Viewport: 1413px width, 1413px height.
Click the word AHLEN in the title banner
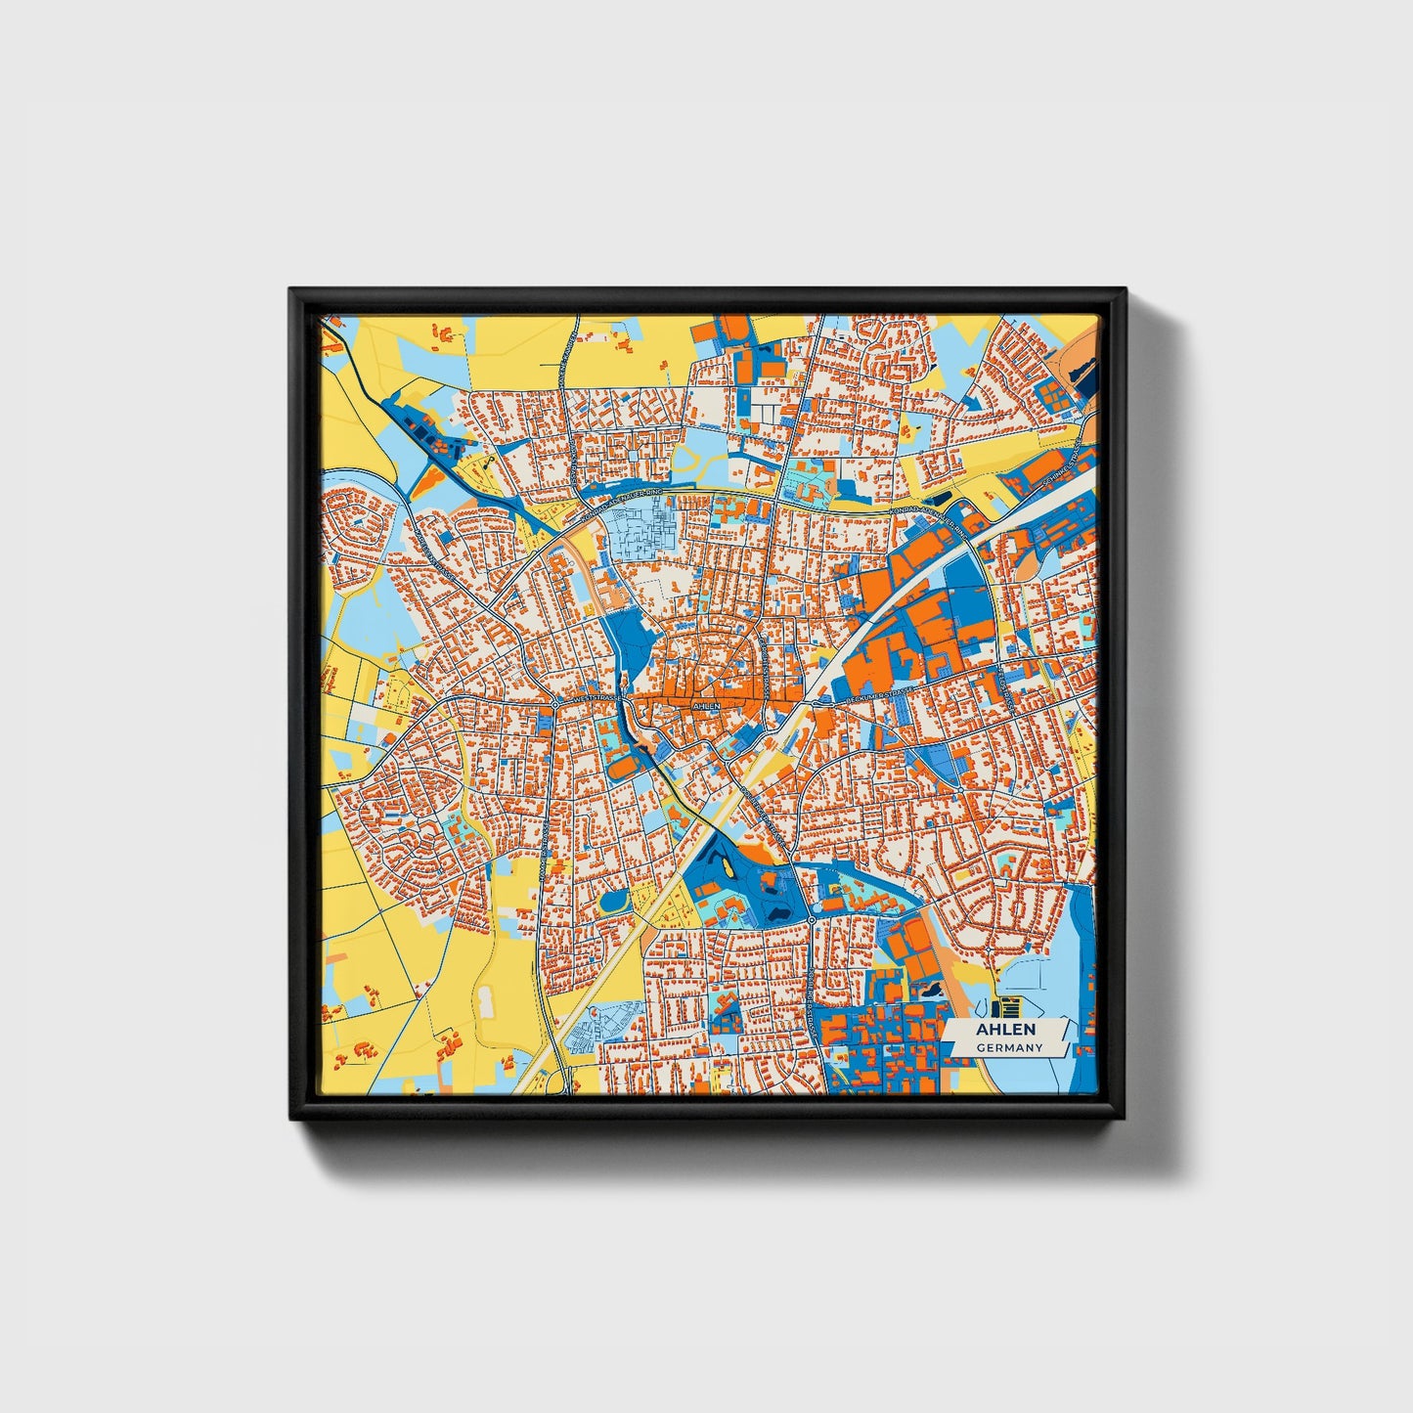point(1004,1030)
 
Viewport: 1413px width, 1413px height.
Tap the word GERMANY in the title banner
point(1008,1047)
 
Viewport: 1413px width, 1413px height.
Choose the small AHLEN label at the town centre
point(705,705)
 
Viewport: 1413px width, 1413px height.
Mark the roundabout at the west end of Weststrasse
point(554,703)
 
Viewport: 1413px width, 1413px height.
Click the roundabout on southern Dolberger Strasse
point(811,920)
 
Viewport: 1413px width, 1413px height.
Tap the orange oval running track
point(621,770)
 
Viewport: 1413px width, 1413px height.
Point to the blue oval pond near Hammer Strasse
point(615,900)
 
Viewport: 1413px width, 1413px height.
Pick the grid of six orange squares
point(1052,395)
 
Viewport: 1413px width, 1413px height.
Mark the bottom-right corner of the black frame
point(1125,1119)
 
